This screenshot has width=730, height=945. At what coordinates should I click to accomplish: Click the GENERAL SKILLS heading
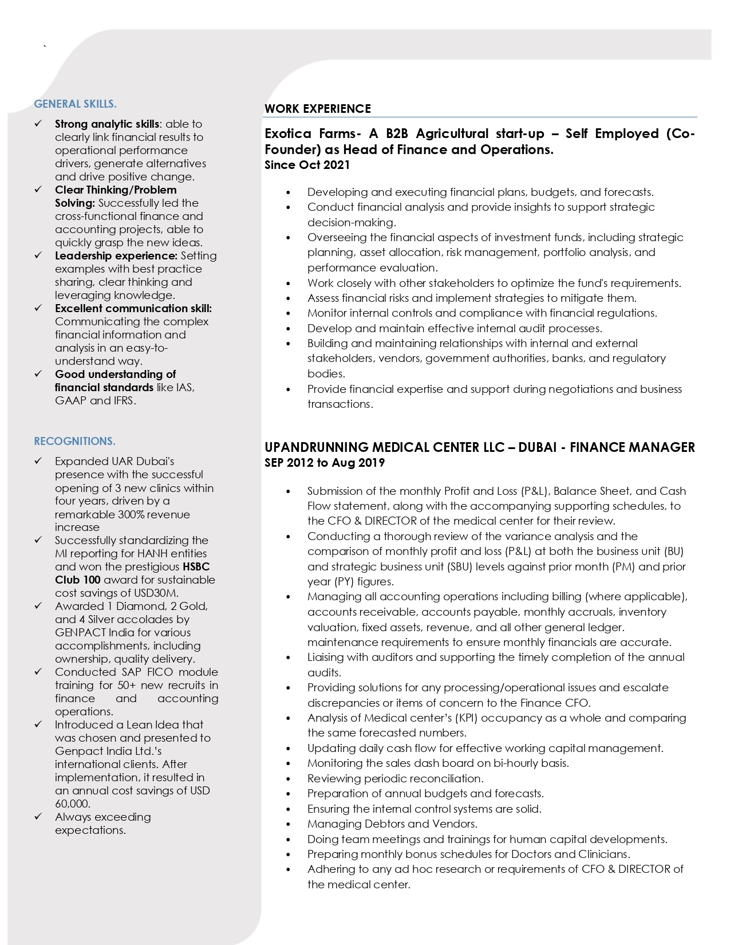[75, 104]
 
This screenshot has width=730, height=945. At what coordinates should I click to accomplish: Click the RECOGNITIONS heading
[74, 441]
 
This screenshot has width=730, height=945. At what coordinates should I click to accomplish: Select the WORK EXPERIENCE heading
[318, 109]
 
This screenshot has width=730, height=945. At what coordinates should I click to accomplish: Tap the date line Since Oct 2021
[307, 165]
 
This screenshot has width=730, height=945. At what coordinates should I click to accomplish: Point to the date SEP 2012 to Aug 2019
[325, 463]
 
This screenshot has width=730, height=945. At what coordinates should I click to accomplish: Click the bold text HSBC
[196, 566]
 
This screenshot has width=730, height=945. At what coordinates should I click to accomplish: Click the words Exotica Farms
[312, 134]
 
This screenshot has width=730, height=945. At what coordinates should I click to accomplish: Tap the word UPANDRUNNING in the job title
[317, 447]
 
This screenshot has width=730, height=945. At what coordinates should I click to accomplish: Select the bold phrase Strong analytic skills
[107, 124]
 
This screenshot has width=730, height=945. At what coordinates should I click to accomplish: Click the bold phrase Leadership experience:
[116, 255]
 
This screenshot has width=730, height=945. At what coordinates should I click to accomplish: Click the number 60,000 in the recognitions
[72, 804]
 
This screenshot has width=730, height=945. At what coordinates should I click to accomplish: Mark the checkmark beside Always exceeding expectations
[39, 817]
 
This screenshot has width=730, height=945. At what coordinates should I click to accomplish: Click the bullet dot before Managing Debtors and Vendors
[289, 824]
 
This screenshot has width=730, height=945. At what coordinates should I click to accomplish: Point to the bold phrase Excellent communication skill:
[133, 308]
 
